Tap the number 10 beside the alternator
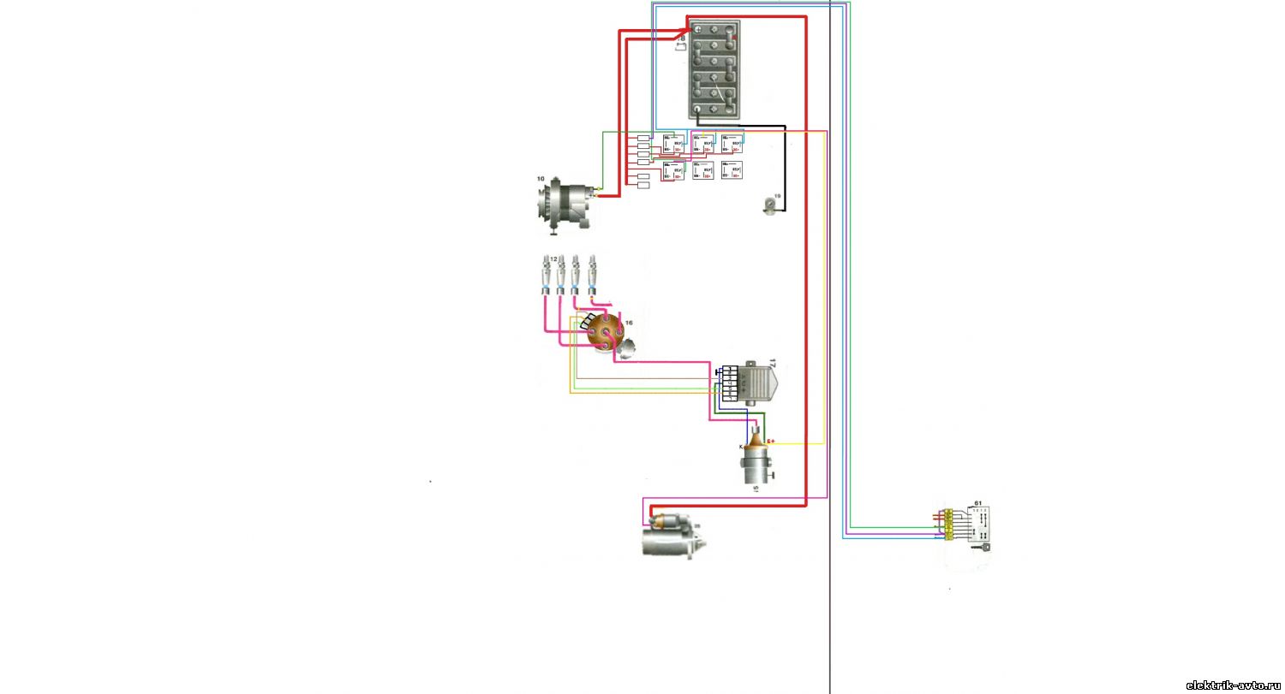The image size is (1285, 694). pyautogui.click(x=541, y=179)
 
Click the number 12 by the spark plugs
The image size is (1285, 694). pyautogui.click(x=553, y=258)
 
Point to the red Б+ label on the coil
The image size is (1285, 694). pyautogui.click(x=770, y=442)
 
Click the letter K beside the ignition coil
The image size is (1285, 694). pyautogui.click(x=741, y=447)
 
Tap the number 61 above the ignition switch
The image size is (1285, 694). pyautogui.click(x=978, y=504)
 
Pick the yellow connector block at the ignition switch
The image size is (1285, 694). pyautogui.click(x=948, y=524)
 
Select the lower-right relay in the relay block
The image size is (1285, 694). pyautogui.click(x=732, y=170)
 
